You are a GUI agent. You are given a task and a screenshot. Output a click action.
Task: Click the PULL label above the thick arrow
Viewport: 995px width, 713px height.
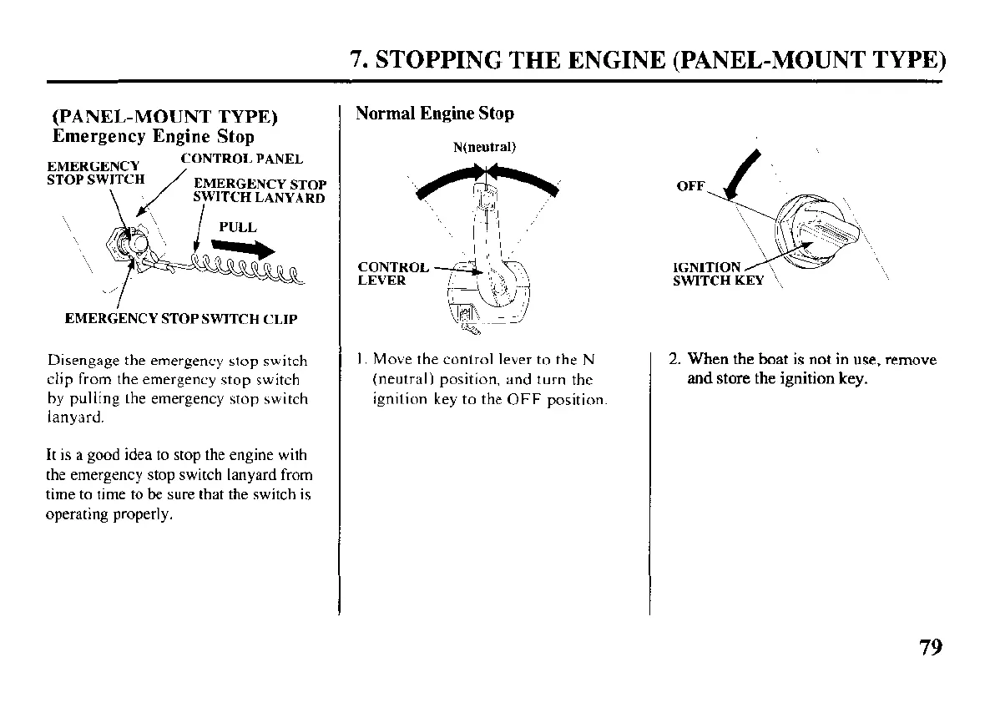(237, 226)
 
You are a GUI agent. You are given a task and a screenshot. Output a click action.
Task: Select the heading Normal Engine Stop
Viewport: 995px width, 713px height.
(435, 113)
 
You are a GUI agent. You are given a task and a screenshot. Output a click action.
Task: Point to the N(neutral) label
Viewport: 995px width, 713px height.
(484, 148)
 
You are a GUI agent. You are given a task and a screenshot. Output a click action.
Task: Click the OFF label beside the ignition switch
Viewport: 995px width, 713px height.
(690, 186)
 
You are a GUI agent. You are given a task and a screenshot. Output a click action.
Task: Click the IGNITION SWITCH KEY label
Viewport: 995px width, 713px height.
(717, 274)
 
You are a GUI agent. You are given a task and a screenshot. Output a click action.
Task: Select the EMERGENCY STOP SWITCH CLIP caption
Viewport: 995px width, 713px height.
(180, 318)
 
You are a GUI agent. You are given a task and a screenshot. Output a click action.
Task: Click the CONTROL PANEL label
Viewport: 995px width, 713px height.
(241, 158)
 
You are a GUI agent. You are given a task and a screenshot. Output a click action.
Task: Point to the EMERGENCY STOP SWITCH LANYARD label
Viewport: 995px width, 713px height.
(259, 190)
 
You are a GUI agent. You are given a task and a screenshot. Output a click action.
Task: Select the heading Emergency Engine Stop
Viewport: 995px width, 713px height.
(153, 136)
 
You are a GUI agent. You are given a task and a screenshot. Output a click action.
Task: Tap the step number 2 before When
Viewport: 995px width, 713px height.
(674, 361)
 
